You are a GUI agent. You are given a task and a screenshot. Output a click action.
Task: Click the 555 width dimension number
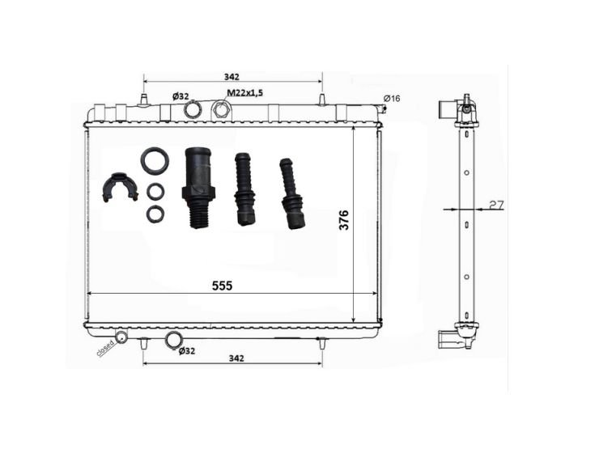click(222, 286)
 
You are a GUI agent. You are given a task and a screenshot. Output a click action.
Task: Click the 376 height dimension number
click(343, 220)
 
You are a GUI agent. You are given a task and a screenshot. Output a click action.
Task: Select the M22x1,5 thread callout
click(244, 92)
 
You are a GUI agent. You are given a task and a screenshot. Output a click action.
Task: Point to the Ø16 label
click(392, 98)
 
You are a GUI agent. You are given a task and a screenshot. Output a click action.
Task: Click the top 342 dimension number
click(232, 77)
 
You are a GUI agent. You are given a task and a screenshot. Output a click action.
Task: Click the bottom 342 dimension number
click(236, 358)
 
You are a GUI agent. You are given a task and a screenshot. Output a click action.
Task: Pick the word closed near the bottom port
click(105, 348)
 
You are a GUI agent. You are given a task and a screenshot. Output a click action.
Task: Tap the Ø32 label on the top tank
click(181, 96)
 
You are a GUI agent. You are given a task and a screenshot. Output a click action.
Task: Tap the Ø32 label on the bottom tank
click(186, 351)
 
